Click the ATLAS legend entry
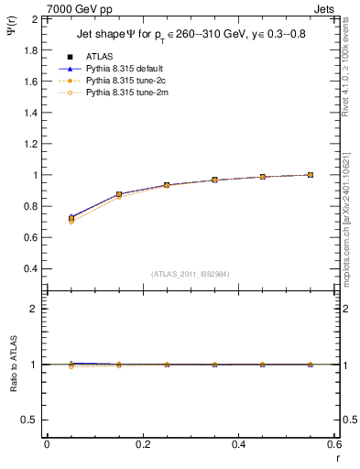99,57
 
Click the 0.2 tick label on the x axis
142,444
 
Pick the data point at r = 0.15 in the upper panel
119,194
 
